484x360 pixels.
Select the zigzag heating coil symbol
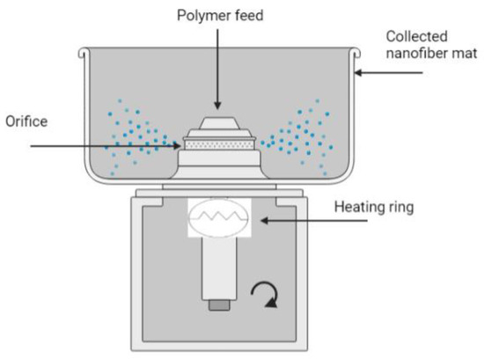pyautogui.click(x=220, y=215)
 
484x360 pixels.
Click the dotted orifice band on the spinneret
pyautogui.click(x=220, y=140)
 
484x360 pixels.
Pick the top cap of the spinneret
pyautogui.click(x=220, y=124)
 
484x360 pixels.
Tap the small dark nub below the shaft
pyautogui.click(x=220, y=305)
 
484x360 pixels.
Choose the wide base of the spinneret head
pyautogui.click(x=220, y=163)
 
